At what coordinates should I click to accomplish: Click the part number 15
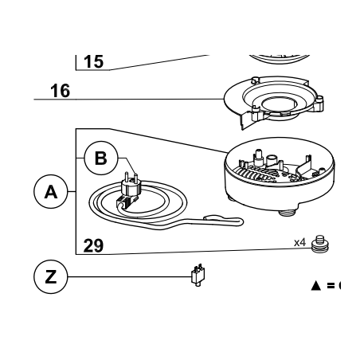[x=93, y=62]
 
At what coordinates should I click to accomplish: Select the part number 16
[x=61, y=91]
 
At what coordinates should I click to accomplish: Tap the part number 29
[x=93, y=246]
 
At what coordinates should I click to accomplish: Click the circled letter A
[x=51, y=191]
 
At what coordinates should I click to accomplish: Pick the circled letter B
[x=101, y=158]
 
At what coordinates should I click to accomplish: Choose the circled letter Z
[x=51, y=276]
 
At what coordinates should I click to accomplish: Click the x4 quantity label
[x=300, y=242]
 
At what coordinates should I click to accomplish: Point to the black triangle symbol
[x=316, y=286]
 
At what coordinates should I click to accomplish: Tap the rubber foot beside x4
[x=320, y=245]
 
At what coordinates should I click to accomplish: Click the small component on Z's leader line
[x=198, y=275]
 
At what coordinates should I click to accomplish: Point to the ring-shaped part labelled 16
[x=273, y=102]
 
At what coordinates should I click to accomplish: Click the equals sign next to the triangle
[x=331, y=286]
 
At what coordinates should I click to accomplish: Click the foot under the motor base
[x=288, y=213]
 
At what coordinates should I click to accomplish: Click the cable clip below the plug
[x=127, y=202]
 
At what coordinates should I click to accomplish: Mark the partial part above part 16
[x=280, y=59]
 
